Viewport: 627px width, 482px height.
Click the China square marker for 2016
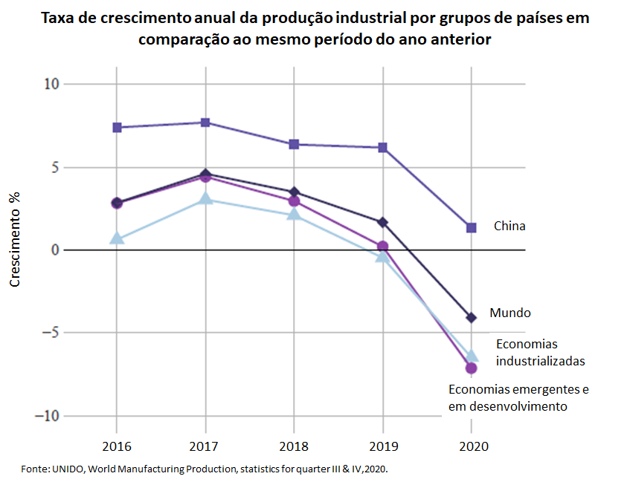pyautogui.click(x=117, y=128)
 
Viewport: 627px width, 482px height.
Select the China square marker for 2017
pyautogui.click(x=205, y=123)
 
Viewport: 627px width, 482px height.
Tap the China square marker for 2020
pyautogui.click(x=472, y=227)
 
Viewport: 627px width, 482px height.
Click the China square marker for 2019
pyautogui.click(x=382, y=148)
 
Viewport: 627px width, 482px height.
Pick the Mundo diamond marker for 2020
pyautogui.click(x=472, y=318)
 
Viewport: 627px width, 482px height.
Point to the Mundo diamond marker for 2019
pyautogui.click(x=382, y=222)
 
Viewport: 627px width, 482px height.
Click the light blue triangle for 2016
pyautogui.click(x=117, y=238)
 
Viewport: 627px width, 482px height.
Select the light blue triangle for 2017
pyautogui.click(x=205, y=199)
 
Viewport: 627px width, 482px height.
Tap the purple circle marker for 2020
pyautogui.click(x=472, y=368)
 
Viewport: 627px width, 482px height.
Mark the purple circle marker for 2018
pyautogui.click(x=294, y=201)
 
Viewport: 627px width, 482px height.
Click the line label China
pyautogui.click(x=509, y=226)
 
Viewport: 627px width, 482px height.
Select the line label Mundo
pyautogui.click(x=510, y=313)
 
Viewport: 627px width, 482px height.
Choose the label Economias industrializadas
pyautogui.click(x=540, y=353)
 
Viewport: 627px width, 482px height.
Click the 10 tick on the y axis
pyautogui.click(x=51, y=84)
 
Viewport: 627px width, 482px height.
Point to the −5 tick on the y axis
pyautogui.click(x=48, y=333)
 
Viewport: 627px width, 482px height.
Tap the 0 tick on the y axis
pyautogui.click(x=54, y=250)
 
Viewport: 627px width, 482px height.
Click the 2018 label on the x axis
pyautogui.click(x=294, y=448)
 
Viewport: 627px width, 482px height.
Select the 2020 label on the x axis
pyautogui.click(x=472, y=448)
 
